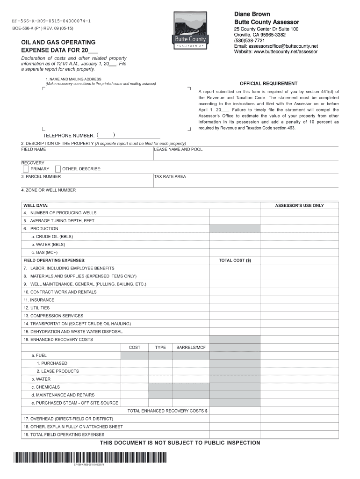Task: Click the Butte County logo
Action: pyautogui.click(x=190, y=30)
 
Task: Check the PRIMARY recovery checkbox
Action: pyautogui.click(x=25, y=169)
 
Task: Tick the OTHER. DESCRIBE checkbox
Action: pyautogui.click(x=58, y=169)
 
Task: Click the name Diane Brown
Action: pyautogui.click(x=252, y=15)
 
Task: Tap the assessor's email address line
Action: pyautogui.click(x=276, y=46)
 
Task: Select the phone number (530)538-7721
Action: pyautogui.click(x=250, y=41)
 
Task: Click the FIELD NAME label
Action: pyautogui.click(x=34, y=149)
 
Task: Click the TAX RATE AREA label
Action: pyautogui.click(x=170, y=176)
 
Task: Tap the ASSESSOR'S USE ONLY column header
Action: pyautogui.click(x=299, y=205)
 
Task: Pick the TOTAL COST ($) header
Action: pyautogui.click(x=235, y=260)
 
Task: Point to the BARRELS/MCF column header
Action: pyautogui.click(x=191, y=348)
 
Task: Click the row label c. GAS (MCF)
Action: pyautogui.click(x=44, y=252)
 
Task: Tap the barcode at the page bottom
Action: pyautogui.click(x=89, y=457)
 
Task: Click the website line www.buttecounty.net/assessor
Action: pyautogui.click(x=276, y=51)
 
